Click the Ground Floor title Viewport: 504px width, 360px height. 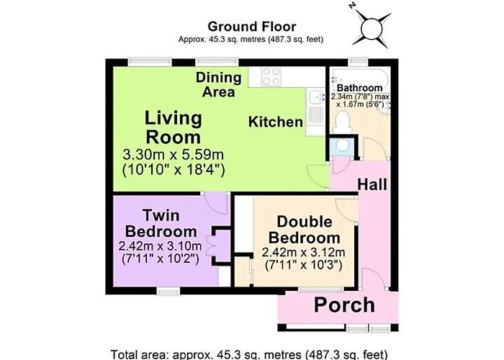(x=252, y=27)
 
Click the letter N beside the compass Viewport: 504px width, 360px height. (x=353, y=6)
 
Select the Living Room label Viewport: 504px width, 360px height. (x=174, y=127)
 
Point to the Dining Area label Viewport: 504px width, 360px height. (x=219, y=85)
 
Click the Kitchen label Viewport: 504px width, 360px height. (x=276, y=122)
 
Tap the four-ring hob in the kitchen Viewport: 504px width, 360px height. (x=271, y=76)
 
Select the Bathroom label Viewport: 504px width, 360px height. (x=359, y=87)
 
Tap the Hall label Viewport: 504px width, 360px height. (x=372, y=184)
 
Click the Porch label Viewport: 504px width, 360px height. (x=344, y=305)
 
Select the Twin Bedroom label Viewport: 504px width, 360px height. (x=161, y=224)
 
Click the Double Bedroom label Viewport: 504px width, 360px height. (x=305, y=230)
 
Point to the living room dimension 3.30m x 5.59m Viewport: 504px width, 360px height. (x=174, y=155)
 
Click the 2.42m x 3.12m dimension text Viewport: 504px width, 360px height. (x=303, y=252)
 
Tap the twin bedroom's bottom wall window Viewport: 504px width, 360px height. (x=168, y=292)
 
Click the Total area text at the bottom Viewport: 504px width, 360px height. (x=249, y=354)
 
